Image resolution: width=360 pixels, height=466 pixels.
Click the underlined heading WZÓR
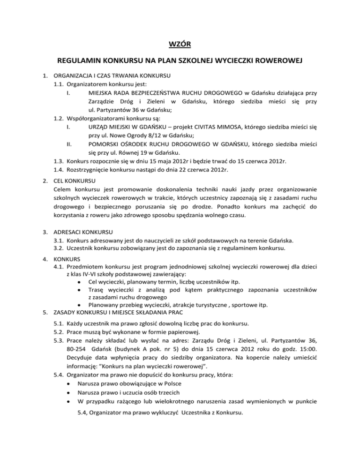point(180,45)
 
